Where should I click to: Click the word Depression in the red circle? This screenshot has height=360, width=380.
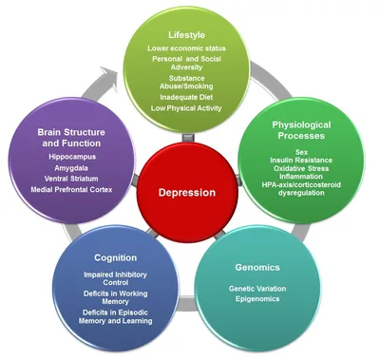point(187,192)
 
